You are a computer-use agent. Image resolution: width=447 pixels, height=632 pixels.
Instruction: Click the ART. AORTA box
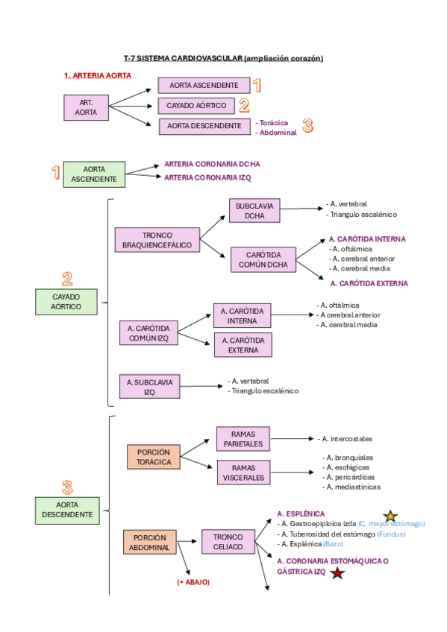click(86, 107)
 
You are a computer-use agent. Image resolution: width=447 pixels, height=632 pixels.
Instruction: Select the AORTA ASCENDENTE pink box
click(204, 86)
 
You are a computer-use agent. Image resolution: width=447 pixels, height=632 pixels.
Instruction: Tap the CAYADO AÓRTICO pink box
click(196, 106)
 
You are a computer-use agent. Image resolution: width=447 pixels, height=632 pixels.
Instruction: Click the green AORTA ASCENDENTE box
click(94, 174)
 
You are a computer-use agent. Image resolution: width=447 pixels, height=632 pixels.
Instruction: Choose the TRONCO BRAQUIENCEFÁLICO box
click(157, 240)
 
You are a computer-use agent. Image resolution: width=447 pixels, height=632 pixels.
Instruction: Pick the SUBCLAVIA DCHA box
click(254, 211)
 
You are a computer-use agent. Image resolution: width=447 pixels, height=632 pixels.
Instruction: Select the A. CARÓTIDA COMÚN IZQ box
click(149, 333)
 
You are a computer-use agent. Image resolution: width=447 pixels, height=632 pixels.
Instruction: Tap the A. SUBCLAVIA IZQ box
click(149, 386)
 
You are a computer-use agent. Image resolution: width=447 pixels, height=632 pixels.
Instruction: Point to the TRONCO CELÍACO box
click(228, 542)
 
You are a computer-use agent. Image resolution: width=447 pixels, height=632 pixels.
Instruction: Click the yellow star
click(390, 516)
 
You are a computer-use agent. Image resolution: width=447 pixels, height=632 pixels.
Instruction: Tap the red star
click(338, 572)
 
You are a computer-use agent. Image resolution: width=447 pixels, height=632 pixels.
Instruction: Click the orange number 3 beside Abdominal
click(307, 126)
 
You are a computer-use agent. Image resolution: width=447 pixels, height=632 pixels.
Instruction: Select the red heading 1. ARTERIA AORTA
click(97, 75)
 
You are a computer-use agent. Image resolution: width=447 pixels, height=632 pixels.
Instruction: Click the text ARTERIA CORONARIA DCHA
click(212, 163)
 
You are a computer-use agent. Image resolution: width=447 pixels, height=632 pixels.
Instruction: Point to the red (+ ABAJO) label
click(193, 582)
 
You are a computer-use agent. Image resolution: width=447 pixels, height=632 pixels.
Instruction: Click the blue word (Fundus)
click(391, 534)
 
